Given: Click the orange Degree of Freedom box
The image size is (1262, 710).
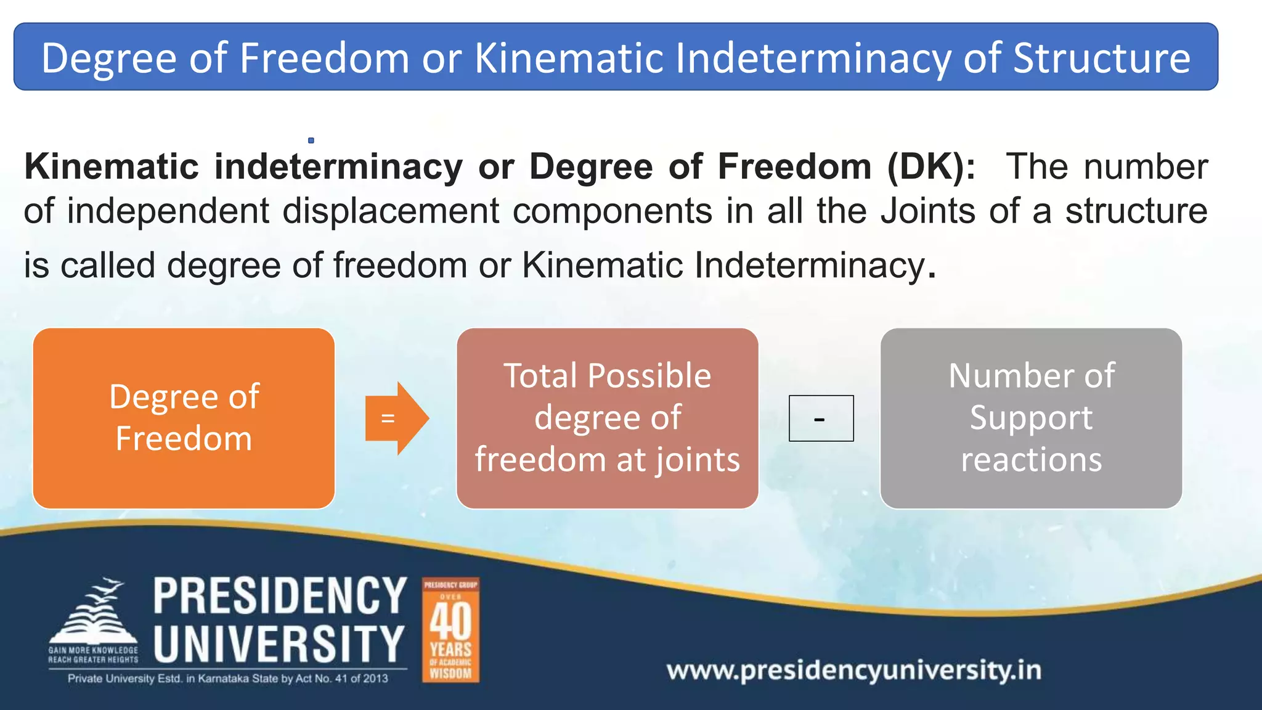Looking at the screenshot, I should pyautogui.click(x=184, y=418).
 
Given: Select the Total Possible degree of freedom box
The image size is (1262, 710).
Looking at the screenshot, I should pyautogui.click(x=607, y=418).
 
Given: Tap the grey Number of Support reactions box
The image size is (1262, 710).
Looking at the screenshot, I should pyautogui.click(x=1031, y=418).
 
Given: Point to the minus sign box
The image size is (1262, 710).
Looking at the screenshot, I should pyautogui.click(x=821, y=418).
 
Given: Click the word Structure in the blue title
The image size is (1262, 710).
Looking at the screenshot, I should pyautogui.click(x=1101, y=58).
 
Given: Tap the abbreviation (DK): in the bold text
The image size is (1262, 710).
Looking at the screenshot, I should pyautogui.click(x=931, y=166).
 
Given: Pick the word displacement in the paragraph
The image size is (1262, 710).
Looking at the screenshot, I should pyautogui.click(x=391, y=211).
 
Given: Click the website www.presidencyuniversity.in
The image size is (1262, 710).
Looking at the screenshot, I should pyautogui.click(x=854, y=670).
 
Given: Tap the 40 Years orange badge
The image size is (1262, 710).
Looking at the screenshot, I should pyautogui.click(x=450, y=630).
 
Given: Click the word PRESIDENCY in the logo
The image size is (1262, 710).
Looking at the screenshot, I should pyautogui.click(x=280, y=596).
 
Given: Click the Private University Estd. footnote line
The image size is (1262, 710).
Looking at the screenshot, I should pyautogui.click(x=228, y=679).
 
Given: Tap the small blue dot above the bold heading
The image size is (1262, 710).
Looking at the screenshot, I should pyautogui.click(x=311, y=141).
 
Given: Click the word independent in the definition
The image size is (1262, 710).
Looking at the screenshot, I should pyautogui.click(x=168, y=211).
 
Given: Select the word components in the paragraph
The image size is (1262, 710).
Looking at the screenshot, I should pyautogui.click(x=613, y=211).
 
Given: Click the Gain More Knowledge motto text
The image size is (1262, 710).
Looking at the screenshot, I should pyautogui.click(x=94, y=655).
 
